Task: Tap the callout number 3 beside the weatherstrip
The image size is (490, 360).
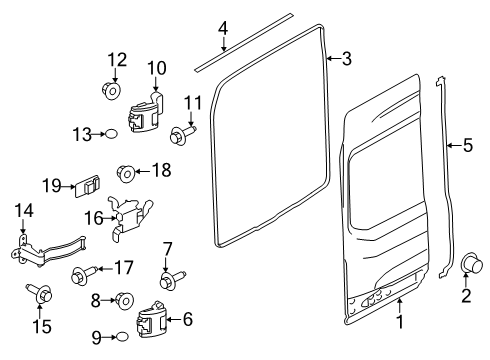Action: [x=346, y=59]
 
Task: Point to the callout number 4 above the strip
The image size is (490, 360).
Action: [x=223, y=27]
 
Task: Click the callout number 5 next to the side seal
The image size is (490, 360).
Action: [x=467, y=147]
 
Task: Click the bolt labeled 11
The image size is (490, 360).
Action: [x=184, y=130]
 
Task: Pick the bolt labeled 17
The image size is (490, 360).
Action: [x=84, y=271]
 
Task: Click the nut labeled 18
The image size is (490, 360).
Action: [x=127, y=171]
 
